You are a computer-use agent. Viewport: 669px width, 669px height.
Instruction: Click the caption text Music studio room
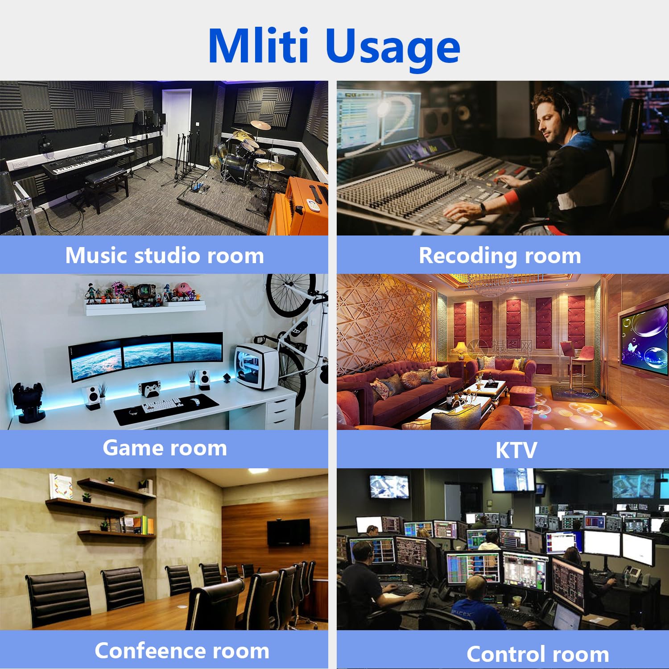165,256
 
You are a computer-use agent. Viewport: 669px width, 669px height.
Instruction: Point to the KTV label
516,450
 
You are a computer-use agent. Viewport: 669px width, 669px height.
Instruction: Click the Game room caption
165,448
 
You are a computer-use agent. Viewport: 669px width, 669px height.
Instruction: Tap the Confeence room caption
182,651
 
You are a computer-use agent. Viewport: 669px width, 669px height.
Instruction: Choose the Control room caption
538,654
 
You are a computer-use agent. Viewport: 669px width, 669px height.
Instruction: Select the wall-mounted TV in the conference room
288,533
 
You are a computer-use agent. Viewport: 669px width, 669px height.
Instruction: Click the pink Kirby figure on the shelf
183,291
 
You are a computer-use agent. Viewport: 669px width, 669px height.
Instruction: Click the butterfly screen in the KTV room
645,337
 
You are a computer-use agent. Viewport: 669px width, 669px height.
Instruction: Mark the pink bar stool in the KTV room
574,366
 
